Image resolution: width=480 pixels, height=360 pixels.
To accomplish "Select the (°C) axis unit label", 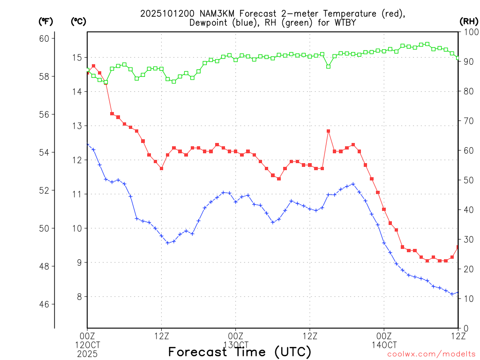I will tap(79, 21).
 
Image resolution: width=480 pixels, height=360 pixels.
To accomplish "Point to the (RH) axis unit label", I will tap(469, 21).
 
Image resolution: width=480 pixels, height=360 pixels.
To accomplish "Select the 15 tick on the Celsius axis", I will tap(76, 58).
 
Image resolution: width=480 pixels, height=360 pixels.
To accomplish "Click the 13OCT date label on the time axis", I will tap(235, 345).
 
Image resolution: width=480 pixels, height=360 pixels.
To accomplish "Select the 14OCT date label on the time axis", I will tap(384, 345).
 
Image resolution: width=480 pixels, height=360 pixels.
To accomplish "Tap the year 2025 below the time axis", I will tap(87, 354).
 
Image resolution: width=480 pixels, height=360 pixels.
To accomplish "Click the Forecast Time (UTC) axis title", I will tap(240, 352).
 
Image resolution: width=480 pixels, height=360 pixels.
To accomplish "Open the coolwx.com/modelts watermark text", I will tap(431, 354).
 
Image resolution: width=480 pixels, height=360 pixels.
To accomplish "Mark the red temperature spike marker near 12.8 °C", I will tap(329, 131).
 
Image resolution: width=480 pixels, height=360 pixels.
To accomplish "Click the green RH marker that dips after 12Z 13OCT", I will tap(329, 67).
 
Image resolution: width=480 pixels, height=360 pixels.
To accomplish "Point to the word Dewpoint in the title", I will tap(209, 23).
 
